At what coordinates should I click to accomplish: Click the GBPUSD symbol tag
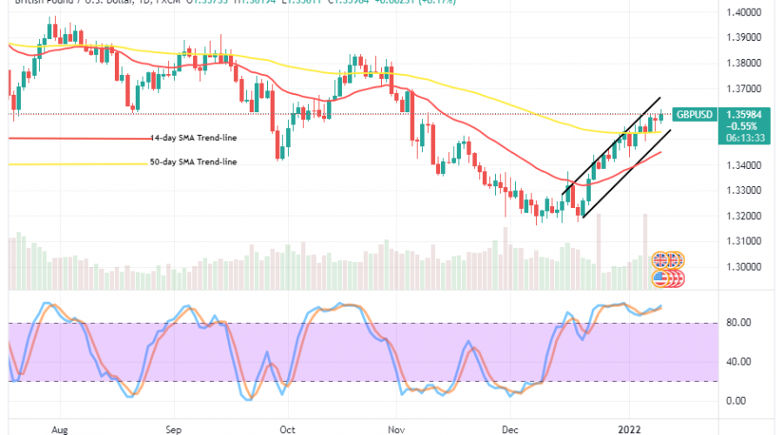pos(695,114)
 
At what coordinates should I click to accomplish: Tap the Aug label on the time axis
pos(59,429)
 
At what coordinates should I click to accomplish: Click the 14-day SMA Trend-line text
pos(192,137)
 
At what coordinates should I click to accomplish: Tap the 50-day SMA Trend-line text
pos(192,163)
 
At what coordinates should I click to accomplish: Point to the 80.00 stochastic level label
pos(739,323)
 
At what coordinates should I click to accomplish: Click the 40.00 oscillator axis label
pos(739,362)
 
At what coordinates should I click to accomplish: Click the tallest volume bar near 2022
pos(645,240)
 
